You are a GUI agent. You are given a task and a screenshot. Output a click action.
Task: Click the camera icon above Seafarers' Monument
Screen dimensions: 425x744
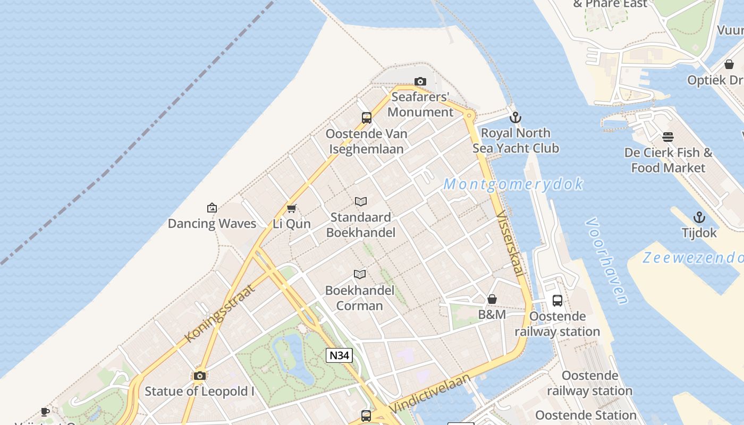point(420,81)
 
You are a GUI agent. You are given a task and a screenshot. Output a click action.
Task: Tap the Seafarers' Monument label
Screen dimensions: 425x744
point(420,105)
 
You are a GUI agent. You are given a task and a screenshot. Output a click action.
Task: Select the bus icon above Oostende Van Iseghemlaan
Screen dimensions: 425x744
point(367,118)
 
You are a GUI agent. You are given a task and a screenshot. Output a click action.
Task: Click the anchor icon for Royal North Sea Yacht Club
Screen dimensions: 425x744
point(515,117)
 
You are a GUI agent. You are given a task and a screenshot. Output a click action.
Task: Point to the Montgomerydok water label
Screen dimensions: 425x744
point(513,184)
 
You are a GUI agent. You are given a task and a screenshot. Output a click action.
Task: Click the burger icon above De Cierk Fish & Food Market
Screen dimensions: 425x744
point(668,137)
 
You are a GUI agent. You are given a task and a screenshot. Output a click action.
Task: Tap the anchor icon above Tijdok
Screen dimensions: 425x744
point(699,217)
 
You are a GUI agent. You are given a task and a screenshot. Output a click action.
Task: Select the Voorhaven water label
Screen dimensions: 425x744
point(607,261)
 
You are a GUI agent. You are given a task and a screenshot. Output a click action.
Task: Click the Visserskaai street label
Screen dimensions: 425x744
point(509,243)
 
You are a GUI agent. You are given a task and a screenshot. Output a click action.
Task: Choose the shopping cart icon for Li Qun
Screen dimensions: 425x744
point(291,208)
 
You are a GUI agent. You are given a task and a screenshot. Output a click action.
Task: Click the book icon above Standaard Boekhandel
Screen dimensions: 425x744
point(361,202)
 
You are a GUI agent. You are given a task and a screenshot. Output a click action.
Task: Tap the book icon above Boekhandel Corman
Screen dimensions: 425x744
point(360,275)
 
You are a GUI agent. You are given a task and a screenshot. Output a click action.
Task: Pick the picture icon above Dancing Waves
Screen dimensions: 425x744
point(212,208)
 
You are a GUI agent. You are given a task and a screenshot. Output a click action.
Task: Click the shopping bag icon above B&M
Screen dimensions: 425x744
point(492,300)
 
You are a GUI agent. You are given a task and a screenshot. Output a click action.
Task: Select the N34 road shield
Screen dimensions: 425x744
point(339,355)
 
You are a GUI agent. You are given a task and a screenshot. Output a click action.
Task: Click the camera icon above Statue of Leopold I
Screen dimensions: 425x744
point(200,376)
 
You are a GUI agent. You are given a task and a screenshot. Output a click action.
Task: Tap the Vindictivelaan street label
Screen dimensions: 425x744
point(430,394)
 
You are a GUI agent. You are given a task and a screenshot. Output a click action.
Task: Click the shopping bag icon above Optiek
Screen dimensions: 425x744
point(729,64)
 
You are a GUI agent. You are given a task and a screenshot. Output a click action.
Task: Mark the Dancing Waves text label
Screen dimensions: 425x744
point(212,224)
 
